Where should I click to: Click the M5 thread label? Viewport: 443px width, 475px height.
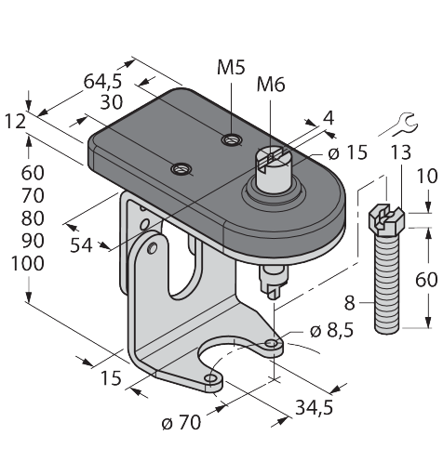[x=231, y=67]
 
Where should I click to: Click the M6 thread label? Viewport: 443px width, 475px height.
[x=271, y=85]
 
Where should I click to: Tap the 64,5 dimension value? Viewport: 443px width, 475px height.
[x=103, y=82]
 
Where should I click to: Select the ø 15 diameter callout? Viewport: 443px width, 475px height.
[x=347, y=152]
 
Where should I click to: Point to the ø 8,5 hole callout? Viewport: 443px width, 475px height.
[x=331, y=331]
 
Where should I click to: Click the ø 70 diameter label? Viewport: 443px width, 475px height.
[x=181, y=422]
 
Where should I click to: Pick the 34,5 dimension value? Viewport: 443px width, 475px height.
[x=314, y=407]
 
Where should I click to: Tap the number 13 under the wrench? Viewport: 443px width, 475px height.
[x=400, y=152]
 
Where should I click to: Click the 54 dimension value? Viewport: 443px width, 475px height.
[x=81, y=245]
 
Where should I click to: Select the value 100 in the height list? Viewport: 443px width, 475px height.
[x=27, y=264]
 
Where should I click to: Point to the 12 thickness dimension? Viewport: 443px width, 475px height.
[x=15, y=121]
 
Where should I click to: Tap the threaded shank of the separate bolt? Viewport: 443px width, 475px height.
[x=386, y=284]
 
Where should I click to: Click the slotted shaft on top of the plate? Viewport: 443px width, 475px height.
[x=272, y=168]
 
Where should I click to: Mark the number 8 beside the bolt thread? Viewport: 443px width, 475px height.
[x=350, y=303]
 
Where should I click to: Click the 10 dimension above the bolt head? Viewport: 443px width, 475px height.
[x=427, y=176]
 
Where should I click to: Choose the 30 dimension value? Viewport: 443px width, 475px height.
[x=112, y=102]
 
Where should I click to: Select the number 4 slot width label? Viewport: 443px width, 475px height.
[x=329, y=118]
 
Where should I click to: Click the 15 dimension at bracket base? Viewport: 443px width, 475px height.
[x=111, y=378]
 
